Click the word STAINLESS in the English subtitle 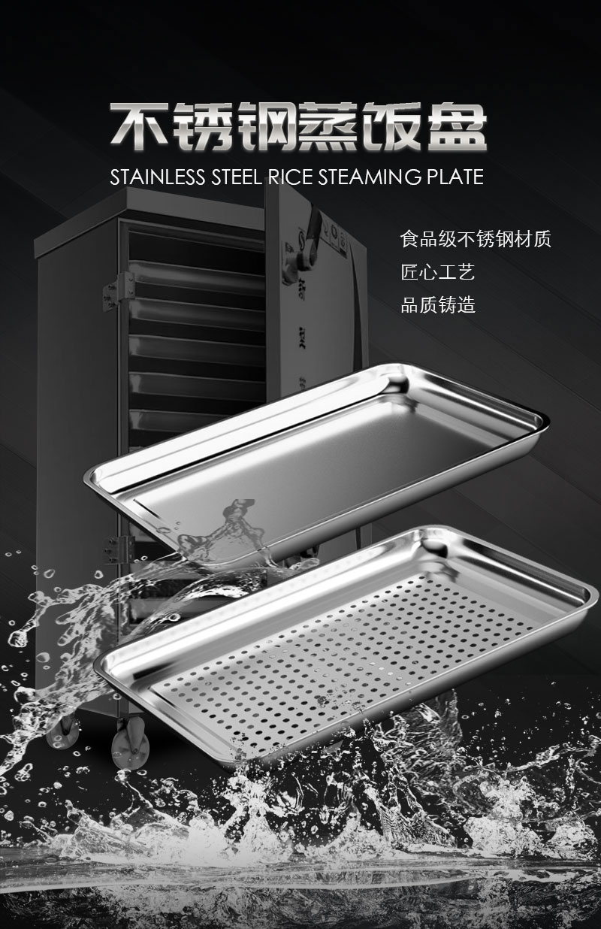(157, 177)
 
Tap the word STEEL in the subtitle (236, 177)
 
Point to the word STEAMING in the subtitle (370, 177)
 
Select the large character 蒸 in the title (330, 126)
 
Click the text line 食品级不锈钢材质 (476, 239)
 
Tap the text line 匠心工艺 (438, 272)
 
